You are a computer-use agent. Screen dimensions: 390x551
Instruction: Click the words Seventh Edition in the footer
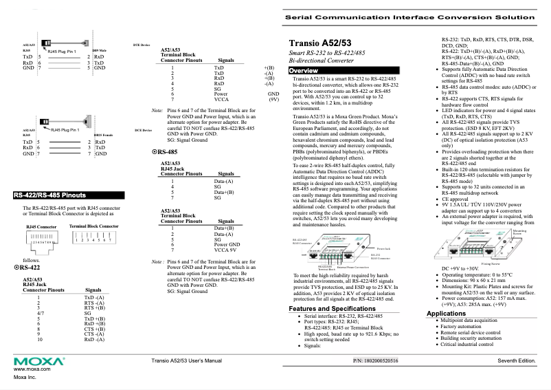tap(517, 360)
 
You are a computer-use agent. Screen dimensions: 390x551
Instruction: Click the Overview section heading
tap(303, 71)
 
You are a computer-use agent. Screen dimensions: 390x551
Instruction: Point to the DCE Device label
tap(143, 130)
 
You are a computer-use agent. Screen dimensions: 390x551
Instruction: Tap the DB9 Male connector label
tap(99, 50)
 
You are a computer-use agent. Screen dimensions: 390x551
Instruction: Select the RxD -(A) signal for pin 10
tap(93, 340)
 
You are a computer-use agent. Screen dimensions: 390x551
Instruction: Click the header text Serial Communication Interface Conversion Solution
tap(415, 14)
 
